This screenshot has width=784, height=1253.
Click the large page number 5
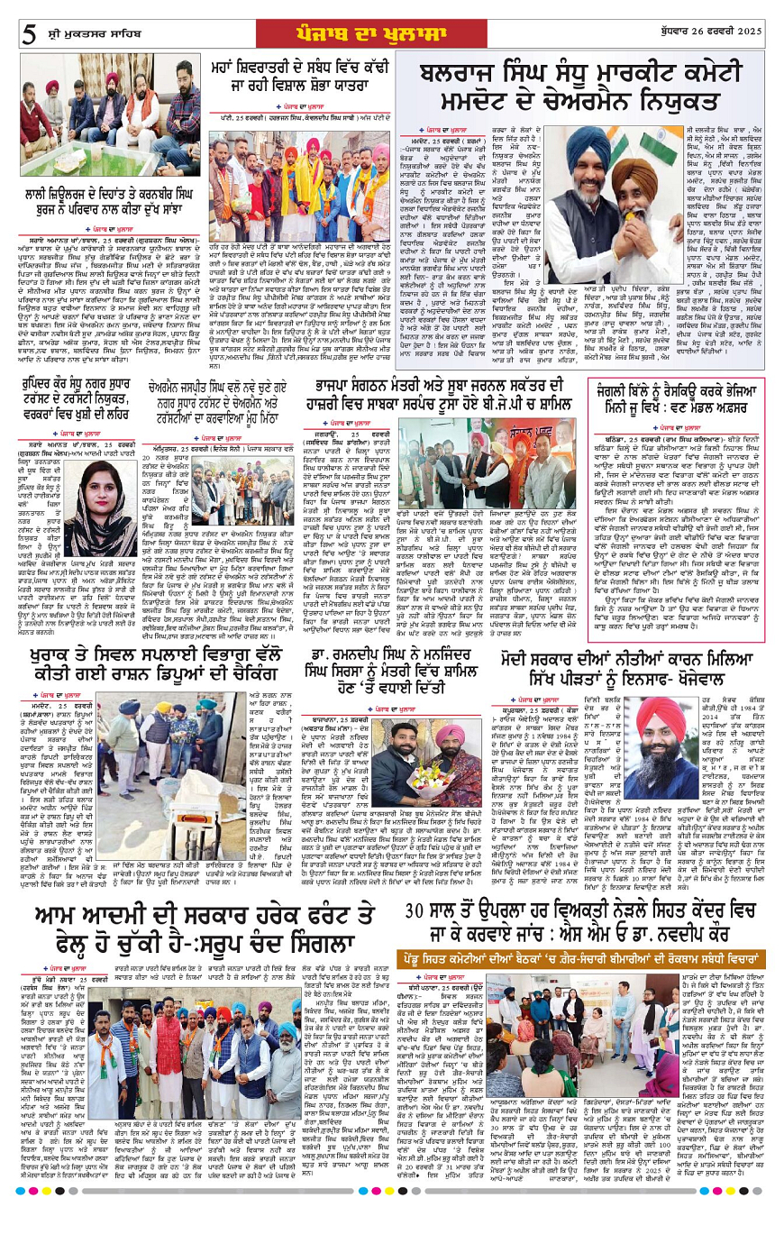pos(29,35)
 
